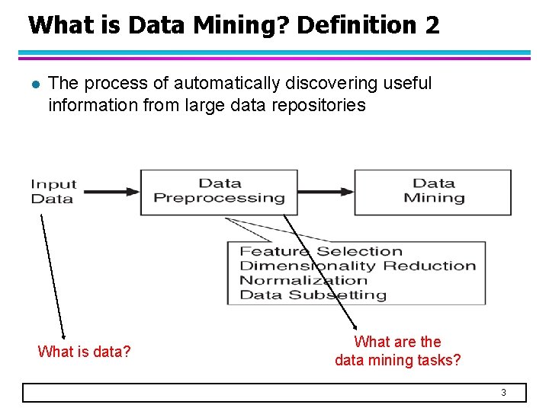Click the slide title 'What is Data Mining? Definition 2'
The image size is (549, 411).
coord(233,25)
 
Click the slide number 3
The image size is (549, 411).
coord(503,393)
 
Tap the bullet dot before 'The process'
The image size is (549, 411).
coord(31,84)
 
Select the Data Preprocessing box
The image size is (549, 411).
coord(219,191)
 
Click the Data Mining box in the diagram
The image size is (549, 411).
coord(433,191)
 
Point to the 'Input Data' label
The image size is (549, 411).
coord(53,191)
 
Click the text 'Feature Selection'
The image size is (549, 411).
coord(321,251)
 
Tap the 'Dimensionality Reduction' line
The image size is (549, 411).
coord(358,266)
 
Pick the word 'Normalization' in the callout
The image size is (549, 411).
coord(303,280)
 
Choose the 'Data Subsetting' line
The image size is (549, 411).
coord(313,295)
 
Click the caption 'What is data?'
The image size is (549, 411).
coord(84,352)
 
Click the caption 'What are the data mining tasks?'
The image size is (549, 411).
coord(398,351)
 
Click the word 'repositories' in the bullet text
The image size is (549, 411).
coord(321,105)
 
